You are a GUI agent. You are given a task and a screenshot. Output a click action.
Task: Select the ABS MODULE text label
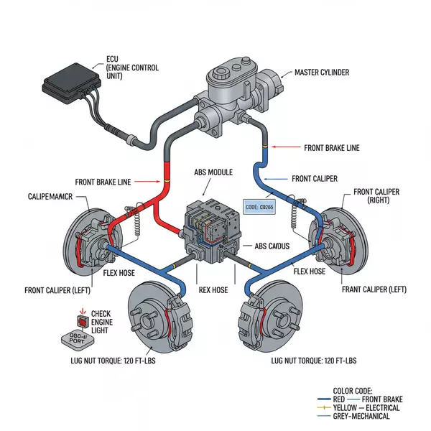point(214,173)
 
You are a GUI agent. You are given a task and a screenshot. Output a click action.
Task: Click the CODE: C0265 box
point(260,207)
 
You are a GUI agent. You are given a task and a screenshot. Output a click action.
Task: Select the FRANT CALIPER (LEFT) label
point(375,289)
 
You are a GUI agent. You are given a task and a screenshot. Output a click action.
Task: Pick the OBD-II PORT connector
point(69,340)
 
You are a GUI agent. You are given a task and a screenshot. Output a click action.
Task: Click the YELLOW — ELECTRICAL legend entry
point(358,407)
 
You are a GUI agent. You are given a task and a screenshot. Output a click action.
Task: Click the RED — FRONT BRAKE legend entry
point(358,399)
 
